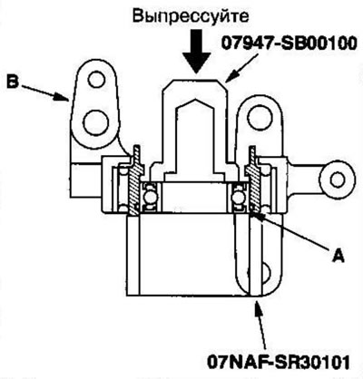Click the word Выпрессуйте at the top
tap(191, 16)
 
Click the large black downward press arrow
tap(197, 52)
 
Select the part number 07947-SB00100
tap(289, 44)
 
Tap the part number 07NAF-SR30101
tap(279, 362)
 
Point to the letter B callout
tap(13, 83)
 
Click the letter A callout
tap(338, 256)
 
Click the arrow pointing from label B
tap(45, 92)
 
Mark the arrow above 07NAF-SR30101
tap(261, 325)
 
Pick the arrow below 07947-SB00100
tap(241, 68)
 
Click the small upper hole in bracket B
tap(96, 80)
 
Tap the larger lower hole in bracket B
tap(96, 123)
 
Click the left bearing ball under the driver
tap(150, 198)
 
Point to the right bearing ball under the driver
tap(238, 198)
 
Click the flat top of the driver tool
tap(195, 80)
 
